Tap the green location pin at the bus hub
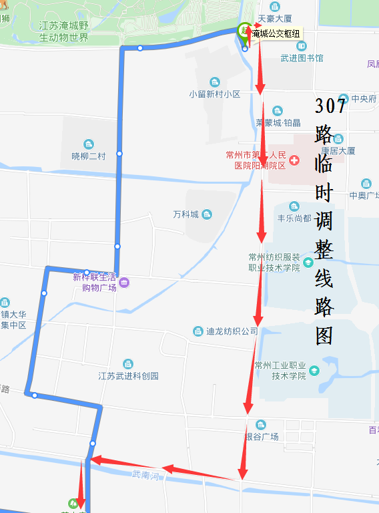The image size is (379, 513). coord(244,31)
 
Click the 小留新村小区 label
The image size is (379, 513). coord(214,94)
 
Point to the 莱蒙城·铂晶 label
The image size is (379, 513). coord(278,122)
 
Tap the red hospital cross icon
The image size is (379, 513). coord(294,160)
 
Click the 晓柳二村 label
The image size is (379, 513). coord(89,156)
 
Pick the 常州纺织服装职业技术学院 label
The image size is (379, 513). coord(274,262)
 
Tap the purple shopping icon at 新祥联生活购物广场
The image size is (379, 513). coord(124,283)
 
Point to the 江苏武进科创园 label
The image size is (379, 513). coord(128,375)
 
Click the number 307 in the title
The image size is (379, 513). coord(330,106)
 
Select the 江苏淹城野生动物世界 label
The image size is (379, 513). coord(63,31)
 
